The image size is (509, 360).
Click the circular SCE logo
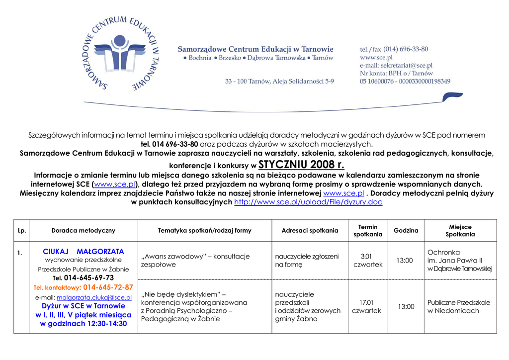pyautogui.click(x=120, y=53)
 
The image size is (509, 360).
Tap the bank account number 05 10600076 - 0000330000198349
pyautogui.click(x=405, y=81)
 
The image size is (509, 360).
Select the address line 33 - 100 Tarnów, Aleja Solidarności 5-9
pyautogui.click(x=279, y=81)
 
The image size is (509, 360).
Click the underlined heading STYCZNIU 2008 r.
pyautogui.click(x=301, y=165)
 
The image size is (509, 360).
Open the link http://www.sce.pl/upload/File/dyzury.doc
pyautogui.click(x=308, y=202)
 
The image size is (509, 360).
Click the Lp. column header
pyautogui.click(x=21, y=231)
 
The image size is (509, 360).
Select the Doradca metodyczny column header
pyautogui.click(x=83, y=231)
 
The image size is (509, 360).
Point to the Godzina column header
pyautogui.click(x=406, y=231)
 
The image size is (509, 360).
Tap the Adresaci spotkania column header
pyautogui.click(x=310, y=231)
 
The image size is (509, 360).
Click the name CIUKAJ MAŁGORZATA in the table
pyautogui.click(x=84, y=252)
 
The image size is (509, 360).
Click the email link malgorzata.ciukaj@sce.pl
pyautogui.click(x=94, y=297)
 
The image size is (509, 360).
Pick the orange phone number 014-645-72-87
pyautogui.click(x=108, y=287)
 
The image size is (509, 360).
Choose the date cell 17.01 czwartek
pyautogui.click(x=366, y=306)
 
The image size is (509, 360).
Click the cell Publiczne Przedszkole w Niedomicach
pyautogui.click(x=459, y=306)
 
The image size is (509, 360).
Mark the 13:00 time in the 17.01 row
pyautogui.click(x=406, y=307)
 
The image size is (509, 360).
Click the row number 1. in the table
pyautogui.click(x=19, y=253)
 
